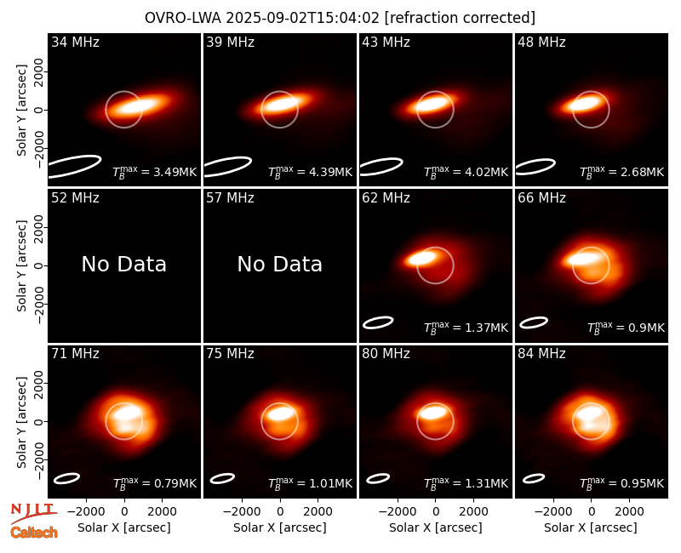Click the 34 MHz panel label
[75, 42]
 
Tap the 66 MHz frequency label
[541, 198]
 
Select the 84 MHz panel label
[541, 354]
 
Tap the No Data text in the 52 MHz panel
[123, 264]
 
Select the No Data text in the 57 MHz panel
[280, 264]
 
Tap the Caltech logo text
[34, 533]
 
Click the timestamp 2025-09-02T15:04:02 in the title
[303, 18]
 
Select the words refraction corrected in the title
[460, 18]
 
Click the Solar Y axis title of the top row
[21, 111]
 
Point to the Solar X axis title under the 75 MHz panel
[280, 527]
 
